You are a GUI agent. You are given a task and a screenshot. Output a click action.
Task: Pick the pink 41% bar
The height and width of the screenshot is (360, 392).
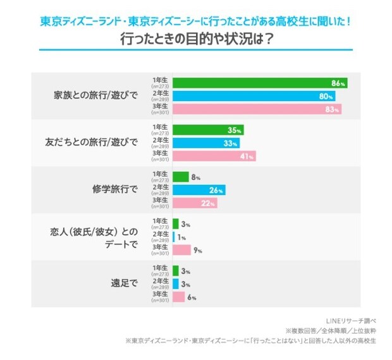pos(214,156)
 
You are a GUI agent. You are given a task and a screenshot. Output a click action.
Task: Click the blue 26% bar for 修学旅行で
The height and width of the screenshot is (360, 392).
pos(199,190)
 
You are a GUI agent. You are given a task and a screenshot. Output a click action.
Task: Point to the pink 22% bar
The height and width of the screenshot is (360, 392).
pos(195,203)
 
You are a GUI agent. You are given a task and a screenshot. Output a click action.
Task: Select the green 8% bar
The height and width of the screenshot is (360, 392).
pos(181,177)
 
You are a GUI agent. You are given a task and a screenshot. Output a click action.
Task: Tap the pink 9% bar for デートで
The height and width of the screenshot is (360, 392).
pos(182,250)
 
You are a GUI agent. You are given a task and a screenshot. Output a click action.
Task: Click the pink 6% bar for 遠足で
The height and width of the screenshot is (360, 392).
pos(179,297)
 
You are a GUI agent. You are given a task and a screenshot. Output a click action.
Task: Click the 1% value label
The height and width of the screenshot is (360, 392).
pos(181,237)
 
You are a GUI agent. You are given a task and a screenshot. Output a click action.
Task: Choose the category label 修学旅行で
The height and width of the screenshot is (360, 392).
pos(114,189)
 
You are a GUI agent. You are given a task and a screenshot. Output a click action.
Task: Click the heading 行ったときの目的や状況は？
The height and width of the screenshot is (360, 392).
pos(196,39)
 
